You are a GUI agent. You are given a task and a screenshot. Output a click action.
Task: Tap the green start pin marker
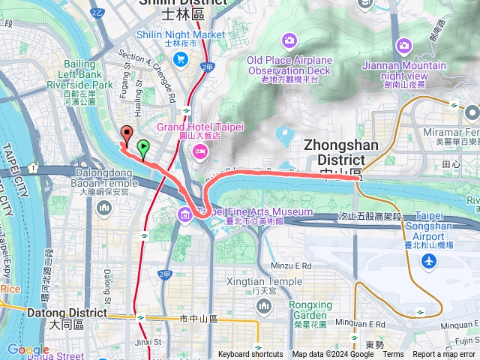(143, 147)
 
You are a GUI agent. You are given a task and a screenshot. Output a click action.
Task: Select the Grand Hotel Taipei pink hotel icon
(200, 152)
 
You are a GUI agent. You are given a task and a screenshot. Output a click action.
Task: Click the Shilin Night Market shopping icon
(181, 58)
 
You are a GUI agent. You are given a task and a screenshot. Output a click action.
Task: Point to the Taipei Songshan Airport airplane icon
(429, 261)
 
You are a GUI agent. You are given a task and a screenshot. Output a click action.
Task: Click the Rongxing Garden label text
(310, 309)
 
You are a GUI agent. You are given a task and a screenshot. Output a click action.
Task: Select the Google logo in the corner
(28, 349)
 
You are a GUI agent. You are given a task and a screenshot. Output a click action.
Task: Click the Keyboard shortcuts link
(250, 355)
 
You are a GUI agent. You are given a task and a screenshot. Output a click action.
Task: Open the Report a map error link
(445, 355)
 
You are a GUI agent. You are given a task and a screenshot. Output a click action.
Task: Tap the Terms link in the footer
(393, 355)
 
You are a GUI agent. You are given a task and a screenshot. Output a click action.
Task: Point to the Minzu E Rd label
(291, 265)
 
